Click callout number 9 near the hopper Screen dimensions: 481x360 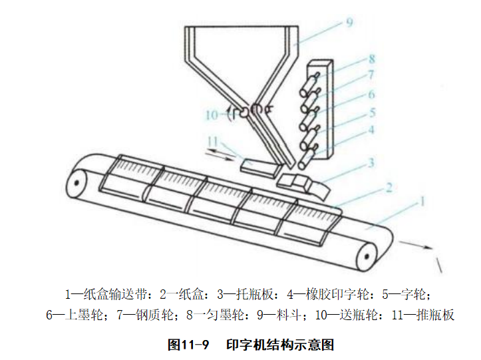tap(349, 23)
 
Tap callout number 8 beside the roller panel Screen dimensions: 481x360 tap(372, 59)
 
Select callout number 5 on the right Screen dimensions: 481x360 tap(373, 112)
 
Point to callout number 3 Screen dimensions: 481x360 tap(371, 162)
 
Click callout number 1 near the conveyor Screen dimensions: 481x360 tap(422, 202)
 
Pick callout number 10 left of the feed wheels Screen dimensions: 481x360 tap(212, 115)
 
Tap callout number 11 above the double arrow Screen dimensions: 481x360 tap(213, 142)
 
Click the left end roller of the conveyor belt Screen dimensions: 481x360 tap(77, 184)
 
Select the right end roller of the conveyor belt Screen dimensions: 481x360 tap(367, 256)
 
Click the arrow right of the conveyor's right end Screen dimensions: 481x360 tap(416, 245)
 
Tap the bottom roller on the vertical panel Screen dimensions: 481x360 tap(306, 158)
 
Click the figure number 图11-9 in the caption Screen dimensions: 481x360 tap(188, 344)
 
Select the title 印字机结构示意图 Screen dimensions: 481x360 tap(280, 344)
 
